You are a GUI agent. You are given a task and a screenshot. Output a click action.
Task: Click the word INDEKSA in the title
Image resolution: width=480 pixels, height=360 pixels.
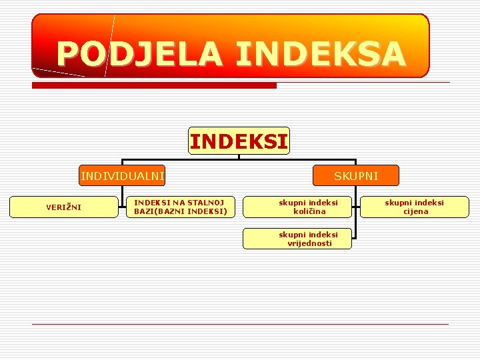(320, 53)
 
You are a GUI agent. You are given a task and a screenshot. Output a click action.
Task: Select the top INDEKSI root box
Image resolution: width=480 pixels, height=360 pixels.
(239, 141)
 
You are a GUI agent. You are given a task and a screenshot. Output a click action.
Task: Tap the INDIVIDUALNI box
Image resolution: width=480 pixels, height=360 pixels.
(122, 175)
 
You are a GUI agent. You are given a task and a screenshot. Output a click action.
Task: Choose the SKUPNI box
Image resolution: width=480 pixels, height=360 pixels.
(356, 175)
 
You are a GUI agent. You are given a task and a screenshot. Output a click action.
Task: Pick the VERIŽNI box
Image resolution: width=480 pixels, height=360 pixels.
(63, 207)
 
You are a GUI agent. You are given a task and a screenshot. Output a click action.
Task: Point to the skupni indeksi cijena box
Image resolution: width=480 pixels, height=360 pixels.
(415, 207)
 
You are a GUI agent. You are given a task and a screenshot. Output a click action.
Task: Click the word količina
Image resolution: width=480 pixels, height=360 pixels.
(309, 211)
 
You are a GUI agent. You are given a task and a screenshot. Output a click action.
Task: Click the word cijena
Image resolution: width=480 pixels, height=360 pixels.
(415, 211)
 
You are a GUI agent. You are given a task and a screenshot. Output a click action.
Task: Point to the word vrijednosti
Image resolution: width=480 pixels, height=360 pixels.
(309, 243)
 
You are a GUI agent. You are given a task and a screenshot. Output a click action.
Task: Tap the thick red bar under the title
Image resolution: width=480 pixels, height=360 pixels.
(154, 85)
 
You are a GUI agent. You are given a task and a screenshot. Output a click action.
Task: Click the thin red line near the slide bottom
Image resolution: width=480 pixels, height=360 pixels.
(240, 324)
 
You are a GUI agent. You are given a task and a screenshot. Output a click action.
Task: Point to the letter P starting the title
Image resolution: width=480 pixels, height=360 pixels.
(67, 53)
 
